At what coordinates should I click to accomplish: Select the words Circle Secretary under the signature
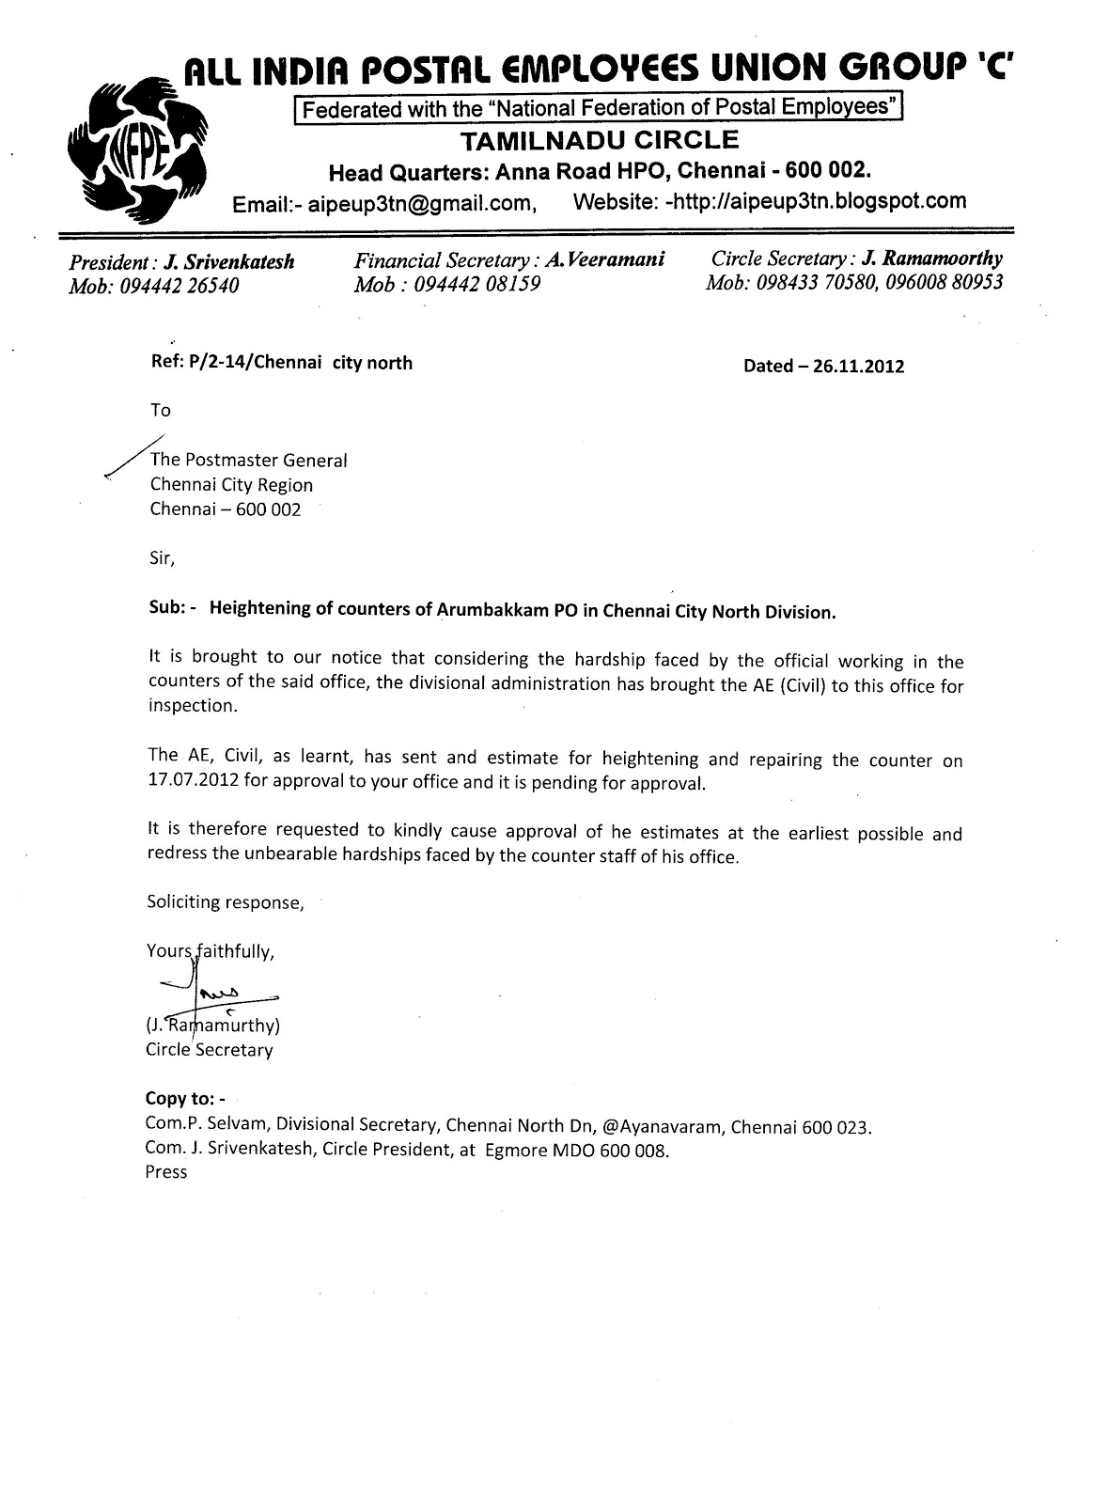[x=209, y=1050]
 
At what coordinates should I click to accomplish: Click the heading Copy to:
[x=185, y=1098]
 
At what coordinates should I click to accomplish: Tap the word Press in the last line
[x=166, y=1172]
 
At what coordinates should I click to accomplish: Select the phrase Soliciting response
[x=225, y=902]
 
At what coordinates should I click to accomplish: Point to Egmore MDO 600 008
[x=576, y=1150]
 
